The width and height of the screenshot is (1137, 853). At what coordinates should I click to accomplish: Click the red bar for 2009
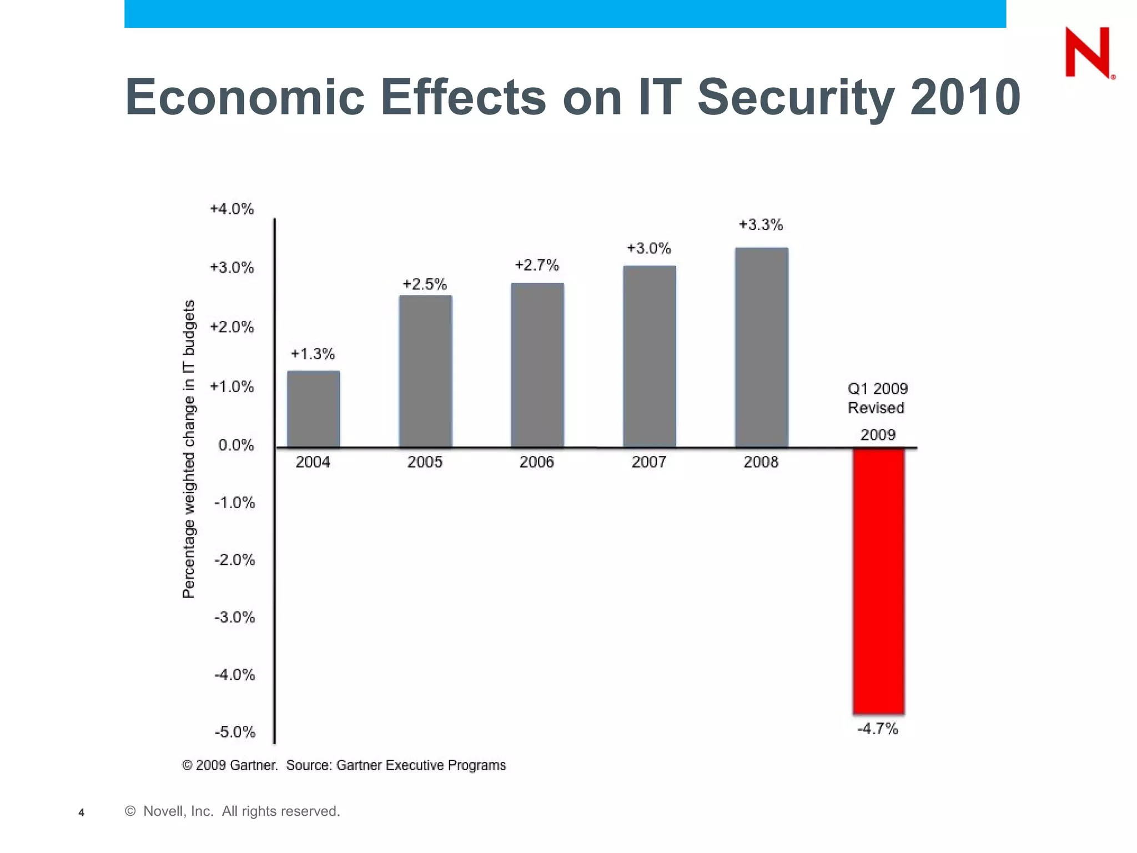click(878, 580)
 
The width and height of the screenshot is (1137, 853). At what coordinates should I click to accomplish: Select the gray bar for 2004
click(313, 409)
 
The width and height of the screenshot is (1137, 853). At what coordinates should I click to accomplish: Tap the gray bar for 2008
click(761, 347)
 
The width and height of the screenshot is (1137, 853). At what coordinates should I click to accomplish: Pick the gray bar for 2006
click(537, 365)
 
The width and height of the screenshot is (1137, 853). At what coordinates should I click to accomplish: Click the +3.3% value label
click(761, 225)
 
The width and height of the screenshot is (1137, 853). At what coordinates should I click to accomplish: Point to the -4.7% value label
click(877, 729)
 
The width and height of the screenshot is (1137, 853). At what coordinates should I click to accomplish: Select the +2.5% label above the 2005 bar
click(425, 284)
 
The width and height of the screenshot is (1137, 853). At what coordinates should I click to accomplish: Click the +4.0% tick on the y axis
click(232, 209)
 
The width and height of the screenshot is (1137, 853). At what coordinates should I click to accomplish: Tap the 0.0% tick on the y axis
click(236, 445)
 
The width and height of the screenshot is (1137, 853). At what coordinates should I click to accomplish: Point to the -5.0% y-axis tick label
click(235, 732)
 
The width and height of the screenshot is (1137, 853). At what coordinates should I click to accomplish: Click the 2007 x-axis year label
click(648, 462)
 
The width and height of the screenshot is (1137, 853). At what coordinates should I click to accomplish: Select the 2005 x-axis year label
click(425, 462)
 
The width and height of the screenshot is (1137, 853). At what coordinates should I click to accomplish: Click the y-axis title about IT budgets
click(189, 449)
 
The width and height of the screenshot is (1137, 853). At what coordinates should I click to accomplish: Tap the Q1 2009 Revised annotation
click(877, 398)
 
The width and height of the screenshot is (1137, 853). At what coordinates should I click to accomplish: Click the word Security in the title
click(795, 98)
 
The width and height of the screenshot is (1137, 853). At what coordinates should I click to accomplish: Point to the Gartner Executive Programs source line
click(344, 765)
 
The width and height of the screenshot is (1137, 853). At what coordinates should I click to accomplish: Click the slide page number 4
click(82, 812)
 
